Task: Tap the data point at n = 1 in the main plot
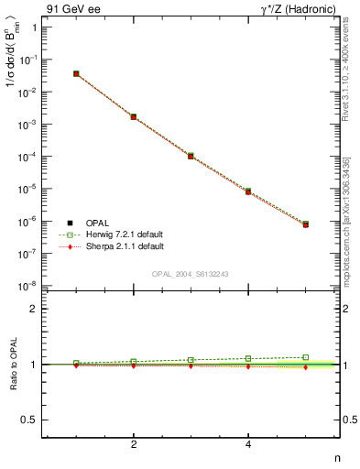(x=76, y=73)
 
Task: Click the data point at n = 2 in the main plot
(x=134, y=117)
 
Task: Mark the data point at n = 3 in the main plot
(x=191, y=157)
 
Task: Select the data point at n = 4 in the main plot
(x=248, y=191)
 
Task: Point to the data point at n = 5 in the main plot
(x=306, y=224)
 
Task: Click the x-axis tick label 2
(x=134, y=445)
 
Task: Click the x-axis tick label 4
(x=248, y=445)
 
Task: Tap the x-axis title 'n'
(x=336, y=457)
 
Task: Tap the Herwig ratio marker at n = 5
(x=306, y=357)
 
